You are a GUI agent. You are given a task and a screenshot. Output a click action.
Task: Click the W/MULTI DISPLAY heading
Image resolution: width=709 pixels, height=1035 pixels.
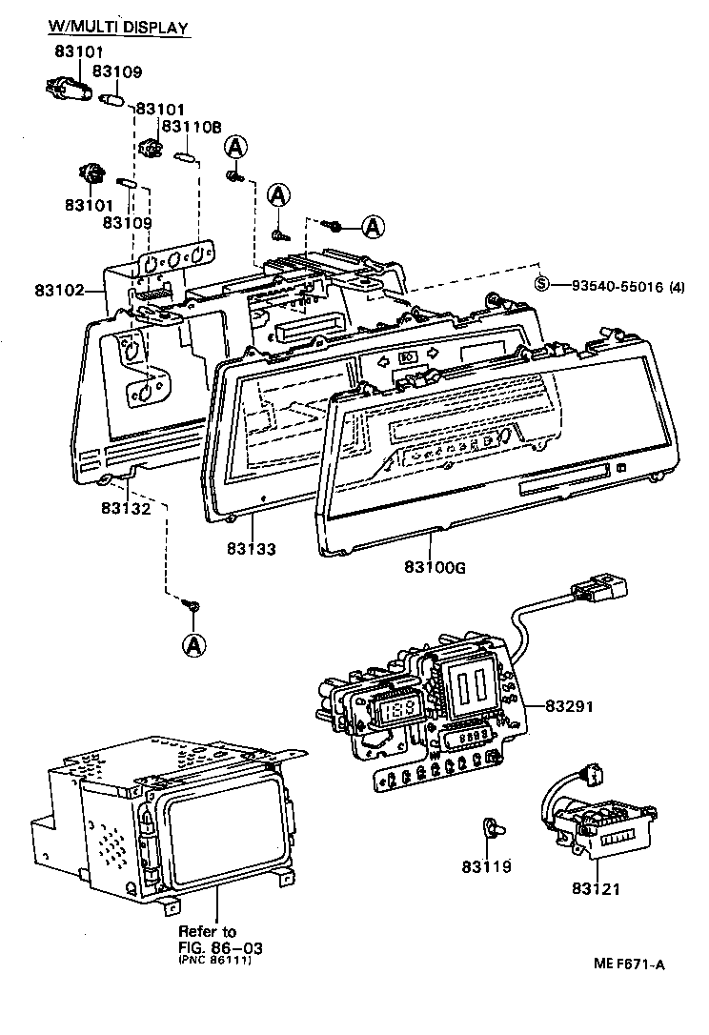point(118,27)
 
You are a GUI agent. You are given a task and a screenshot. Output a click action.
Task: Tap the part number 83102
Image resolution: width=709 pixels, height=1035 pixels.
point(59,290)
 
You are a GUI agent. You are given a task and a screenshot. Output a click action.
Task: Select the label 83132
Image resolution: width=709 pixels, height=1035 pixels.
point(126,508)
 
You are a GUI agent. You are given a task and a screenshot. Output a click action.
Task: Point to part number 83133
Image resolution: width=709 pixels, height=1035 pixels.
point(252,549)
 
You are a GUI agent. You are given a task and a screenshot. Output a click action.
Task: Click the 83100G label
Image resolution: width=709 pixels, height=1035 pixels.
point(435,567)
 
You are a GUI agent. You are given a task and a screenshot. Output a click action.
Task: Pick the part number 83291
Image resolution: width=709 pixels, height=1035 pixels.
point(570,706)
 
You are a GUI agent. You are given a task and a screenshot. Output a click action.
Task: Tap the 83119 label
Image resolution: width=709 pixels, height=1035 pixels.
point(487,866)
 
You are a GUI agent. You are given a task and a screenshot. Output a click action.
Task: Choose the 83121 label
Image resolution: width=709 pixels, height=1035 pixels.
point(597,889)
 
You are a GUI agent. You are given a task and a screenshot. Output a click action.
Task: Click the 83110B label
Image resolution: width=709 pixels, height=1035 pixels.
point(192,127)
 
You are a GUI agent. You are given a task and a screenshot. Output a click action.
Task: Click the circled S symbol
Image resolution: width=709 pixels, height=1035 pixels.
point(541,285)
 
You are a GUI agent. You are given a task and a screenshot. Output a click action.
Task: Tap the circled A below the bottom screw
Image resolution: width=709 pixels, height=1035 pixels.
point(193,645)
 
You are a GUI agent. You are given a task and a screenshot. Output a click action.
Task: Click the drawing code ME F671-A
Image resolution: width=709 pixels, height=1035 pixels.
point(629,964)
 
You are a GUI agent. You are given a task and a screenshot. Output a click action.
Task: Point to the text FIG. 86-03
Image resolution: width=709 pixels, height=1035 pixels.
point(220,948)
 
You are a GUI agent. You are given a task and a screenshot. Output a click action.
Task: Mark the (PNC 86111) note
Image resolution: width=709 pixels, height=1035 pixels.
point(214,961)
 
